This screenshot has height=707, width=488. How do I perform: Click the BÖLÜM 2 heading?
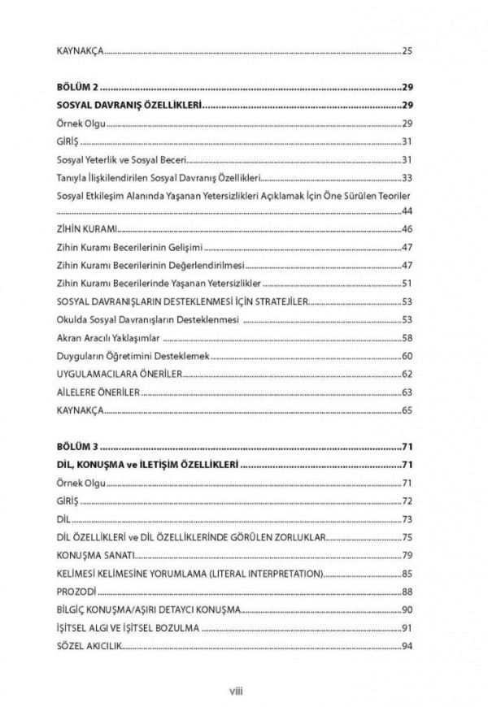pyautogui.click(x=77, y=87)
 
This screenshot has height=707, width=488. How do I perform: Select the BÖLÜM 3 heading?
pyautogui.click(x=77, y=447)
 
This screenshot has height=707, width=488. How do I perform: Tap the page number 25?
pyautogui.click(x=407, y=51)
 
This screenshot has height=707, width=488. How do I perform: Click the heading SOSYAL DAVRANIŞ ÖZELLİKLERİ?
pyautogui.click(x=129, y=105)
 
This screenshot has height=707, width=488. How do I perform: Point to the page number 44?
pyautogui.click(x=407, y=211)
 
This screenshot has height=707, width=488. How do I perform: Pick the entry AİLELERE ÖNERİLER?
pyautogui.click(x=99, y=392)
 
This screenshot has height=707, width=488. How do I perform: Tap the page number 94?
pyautogui.click(x=407, y=646)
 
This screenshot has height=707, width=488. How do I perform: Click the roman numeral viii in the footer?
pyautogui.click(x=243, y=692)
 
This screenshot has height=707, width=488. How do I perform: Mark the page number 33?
pyautogui.click(x=407, y=177)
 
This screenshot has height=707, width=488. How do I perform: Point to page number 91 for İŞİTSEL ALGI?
pyautogui.click(x=407, y=628)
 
